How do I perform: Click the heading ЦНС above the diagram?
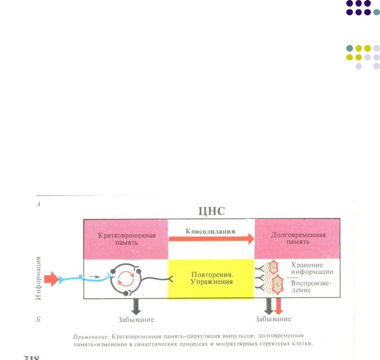(x=211, y=211)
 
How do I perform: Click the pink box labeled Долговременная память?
(x=297, y=239)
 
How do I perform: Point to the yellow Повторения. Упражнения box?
(x=211, y=279)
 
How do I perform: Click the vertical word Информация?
(x=38, y=279)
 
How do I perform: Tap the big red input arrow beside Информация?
(x=52, y=279)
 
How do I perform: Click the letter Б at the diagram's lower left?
(x=39, y=319)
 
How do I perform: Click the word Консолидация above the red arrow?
(x=210, y=231)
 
